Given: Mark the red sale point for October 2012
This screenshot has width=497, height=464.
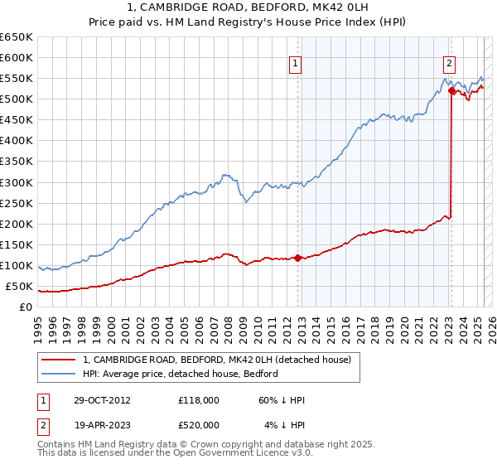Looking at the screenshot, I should tap(298, 258).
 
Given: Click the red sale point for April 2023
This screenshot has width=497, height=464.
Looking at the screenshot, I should tap(451, 91).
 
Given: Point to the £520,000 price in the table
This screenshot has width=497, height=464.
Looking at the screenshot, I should tap(198, 424).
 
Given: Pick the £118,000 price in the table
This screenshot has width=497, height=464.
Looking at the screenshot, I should tap(198, 401).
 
